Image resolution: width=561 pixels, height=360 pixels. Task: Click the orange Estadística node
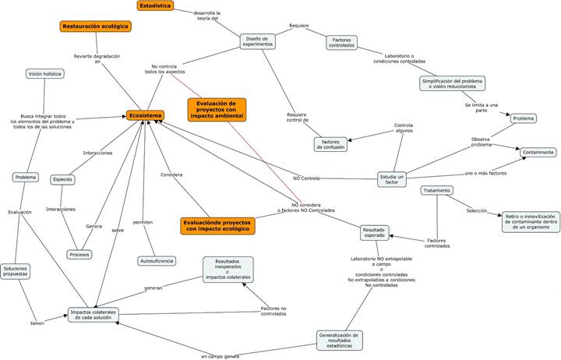(x=155, y=6)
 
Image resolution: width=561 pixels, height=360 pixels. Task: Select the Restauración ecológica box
(x=95, y=26)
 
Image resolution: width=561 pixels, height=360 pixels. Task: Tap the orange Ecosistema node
(x=146, y=115)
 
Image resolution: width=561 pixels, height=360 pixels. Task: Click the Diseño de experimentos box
(x=257, y=42)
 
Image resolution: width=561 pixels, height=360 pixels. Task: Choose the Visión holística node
(x=45, y=74)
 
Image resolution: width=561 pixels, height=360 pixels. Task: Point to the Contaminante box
(x=538, y=153)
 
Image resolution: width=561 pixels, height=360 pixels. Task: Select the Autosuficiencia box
(x=156, y=260)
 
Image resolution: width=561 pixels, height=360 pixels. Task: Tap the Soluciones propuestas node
(x=15, y=271)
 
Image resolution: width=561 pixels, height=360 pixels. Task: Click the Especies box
(x=62, y=179)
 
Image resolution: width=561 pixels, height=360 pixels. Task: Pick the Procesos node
(x=79, y=254)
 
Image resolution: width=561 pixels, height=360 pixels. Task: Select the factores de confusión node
(x=330, y=144)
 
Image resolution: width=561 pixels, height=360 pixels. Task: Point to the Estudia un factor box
(x=391, y=180)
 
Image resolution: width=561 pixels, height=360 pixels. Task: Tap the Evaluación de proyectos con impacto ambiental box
(x=217, y=110)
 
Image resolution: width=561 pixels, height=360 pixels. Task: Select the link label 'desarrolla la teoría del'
(x=206, y=16)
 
